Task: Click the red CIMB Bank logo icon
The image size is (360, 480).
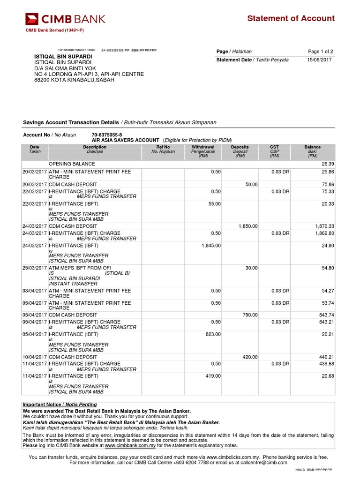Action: coord(32,19)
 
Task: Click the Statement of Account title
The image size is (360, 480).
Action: coord(291,19)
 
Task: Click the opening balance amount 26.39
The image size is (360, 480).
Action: coord(328,164)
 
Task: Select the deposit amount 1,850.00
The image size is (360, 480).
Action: coord(248,226)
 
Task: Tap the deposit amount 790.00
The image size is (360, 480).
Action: coord(250,315)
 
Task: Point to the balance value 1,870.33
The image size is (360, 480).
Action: coord(324,226)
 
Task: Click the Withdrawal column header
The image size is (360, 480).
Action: coord(203,147)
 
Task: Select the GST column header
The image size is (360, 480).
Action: coord(274,147)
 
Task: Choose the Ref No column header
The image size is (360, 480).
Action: coord(163,147)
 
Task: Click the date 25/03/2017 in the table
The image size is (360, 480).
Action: coord(35,268)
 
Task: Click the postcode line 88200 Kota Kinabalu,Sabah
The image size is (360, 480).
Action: coord(74,80)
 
